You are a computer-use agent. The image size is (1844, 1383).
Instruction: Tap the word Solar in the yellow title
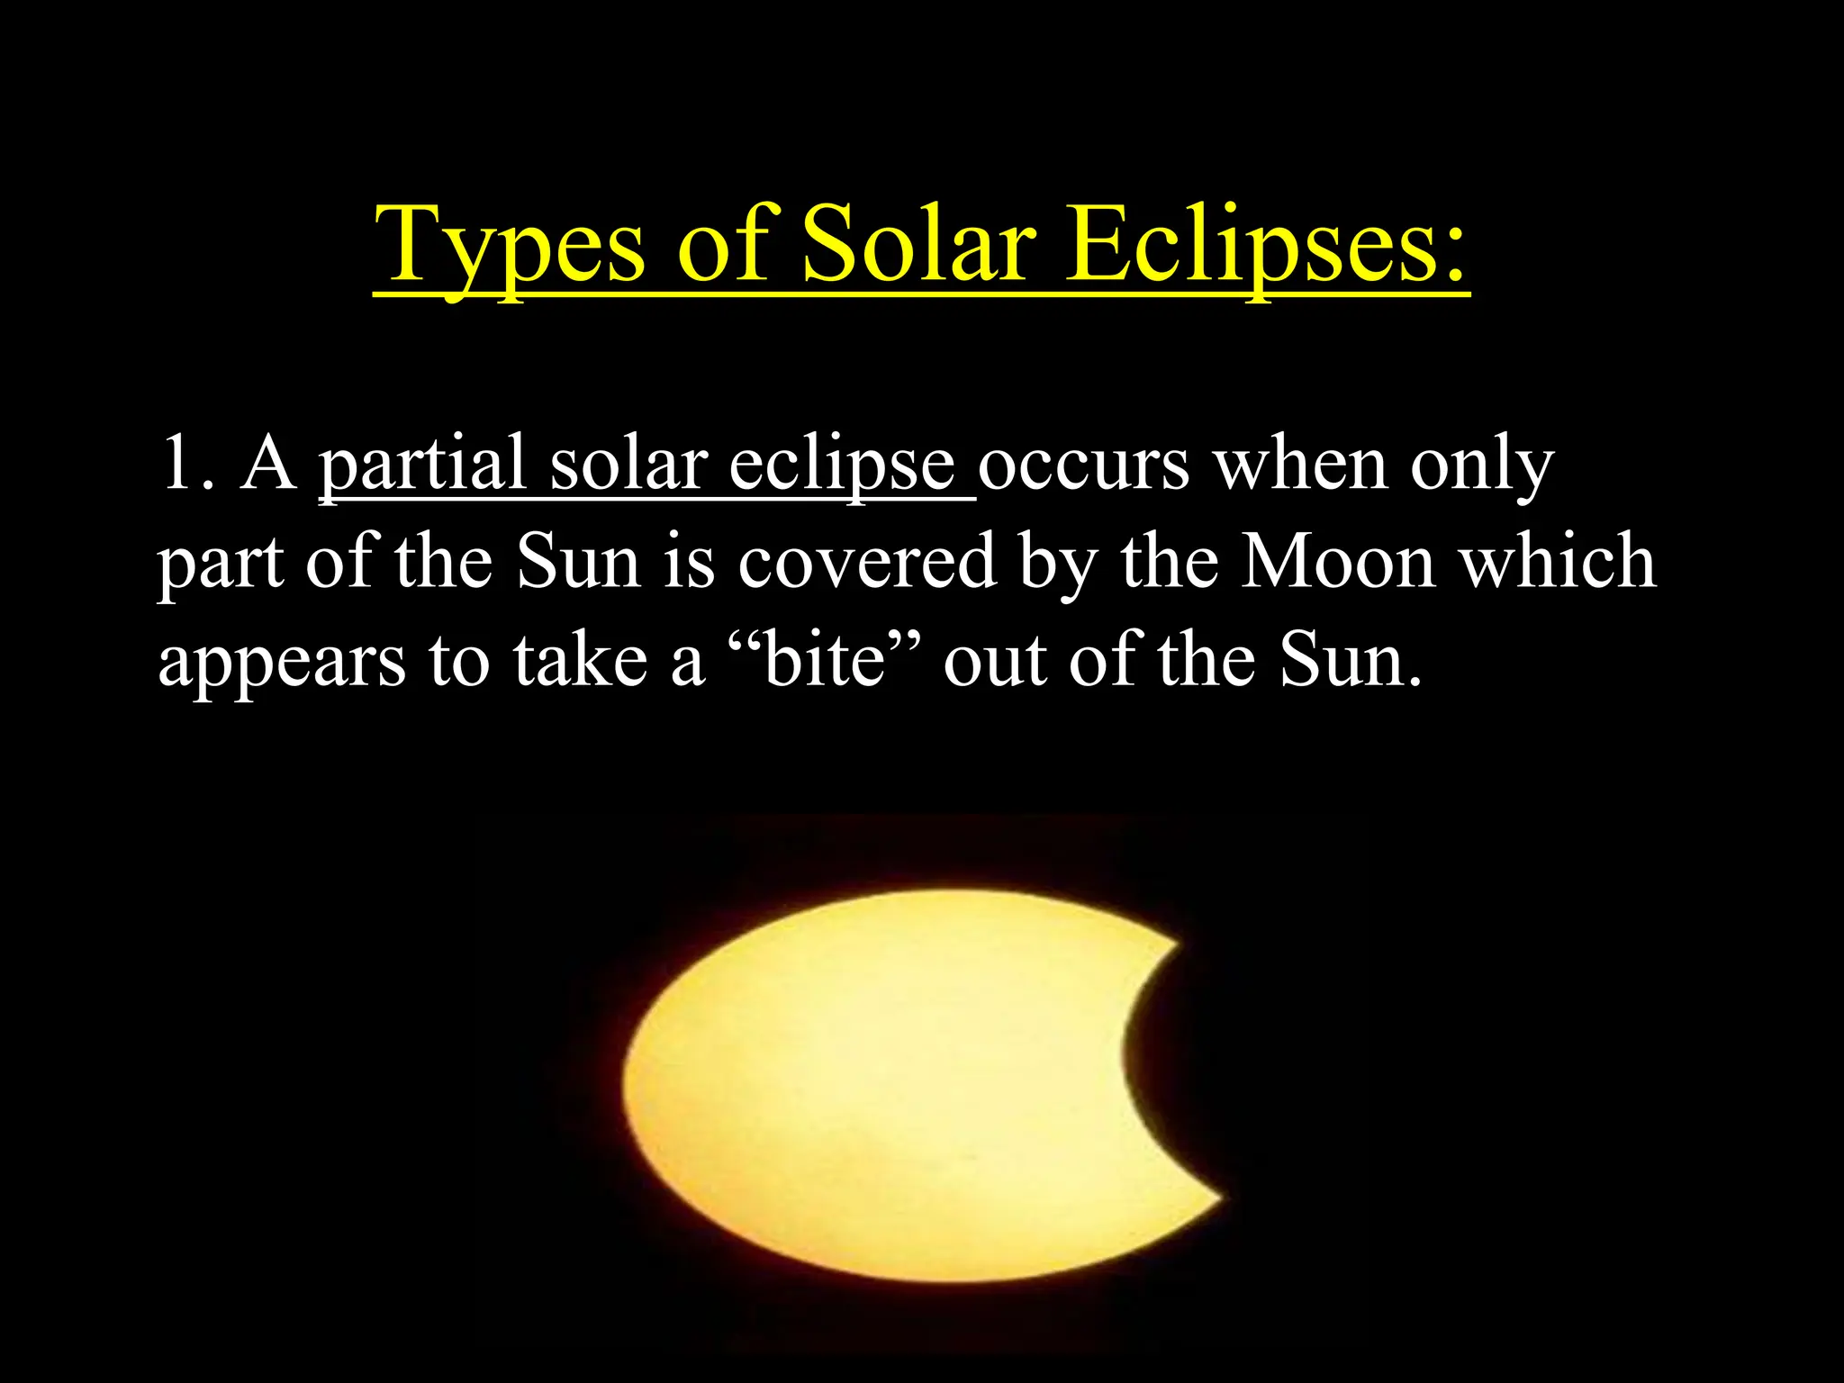(x=919, y=245)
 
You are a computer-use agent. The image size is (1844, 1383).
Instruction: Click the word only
(x=1481, y=465)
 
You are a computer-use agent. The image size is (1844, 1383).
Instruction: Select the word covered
(x=867, y=562)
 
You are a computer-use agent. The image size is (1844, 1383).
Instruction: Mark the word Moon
(x=1338, y=562)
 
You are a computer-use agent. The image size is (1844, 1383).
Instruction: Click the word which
(x=1558, y=562)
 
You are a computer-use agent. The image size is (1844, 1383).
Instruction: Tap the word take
(x=581, y=659)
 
